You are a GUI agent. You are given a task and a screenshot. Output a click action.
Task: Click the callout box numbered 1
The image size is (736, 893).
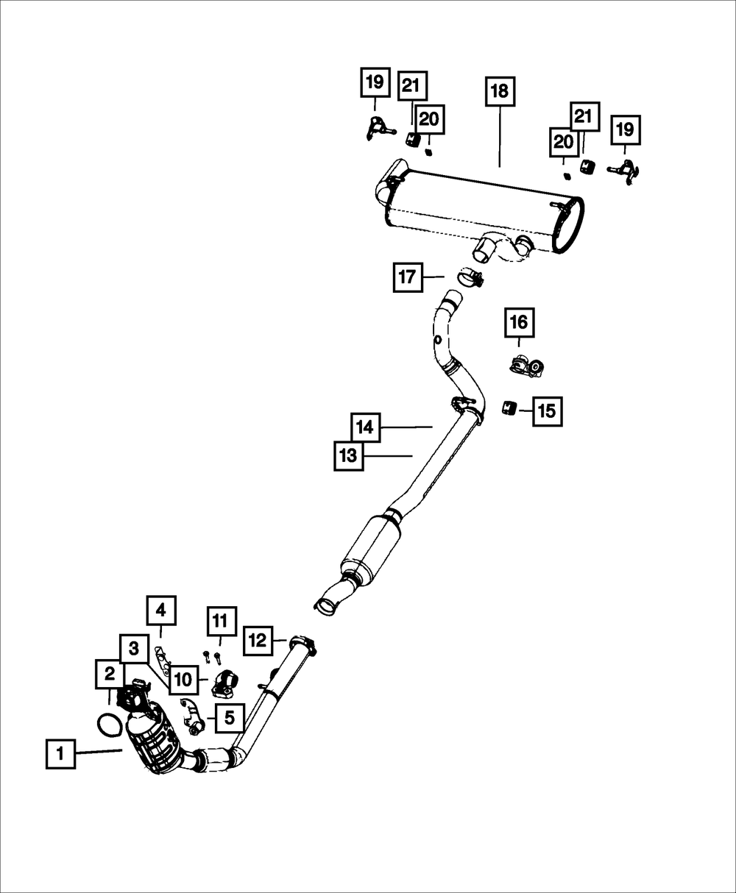pos(60,754)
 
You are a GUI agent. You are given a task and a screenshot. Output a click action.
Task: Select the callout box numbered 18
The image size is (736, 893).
pos(499,91)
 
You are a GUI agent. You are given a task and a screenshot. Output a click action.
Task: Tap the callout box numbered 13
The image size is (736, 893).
pos(347,456)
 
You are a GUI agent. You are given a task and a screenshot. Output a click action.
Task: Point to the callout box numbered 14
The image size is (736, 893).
pos(366,427)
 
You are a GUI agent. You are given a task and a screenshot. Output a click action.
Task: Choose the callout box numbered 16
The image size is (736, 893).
pos(519,322)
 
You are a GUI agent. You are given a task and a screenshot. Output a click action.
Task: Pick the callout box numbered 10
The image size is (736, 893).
pos(183,680)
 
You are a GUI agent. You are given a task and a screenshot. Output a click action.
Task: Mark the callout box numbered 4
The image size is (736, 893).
pos(161,610)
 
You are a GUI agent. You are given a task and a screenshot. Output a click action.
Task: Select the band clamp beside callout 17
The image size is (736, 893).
pos(470,277)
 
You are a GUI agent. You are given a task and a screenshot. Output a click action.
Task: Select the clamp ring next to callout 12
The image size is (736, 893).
pos(301,644)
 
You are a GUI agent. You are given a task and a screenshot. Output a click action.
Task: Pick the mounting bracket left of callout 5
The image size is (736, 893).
pos(193,717)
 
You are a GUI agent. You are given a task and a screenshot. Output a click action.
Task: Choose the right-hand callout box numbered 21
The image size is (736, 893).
pos(583,116)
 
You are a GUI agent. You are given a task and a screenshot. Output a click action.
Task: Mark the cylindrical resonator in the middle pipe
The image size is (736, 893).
pos(372,548)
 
